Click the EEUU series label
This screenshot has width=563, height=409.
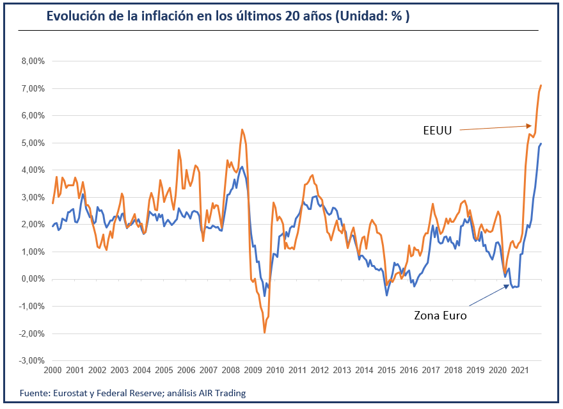tap(438, 131)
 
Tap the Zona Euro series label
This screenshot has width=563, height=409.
tap(440, 315)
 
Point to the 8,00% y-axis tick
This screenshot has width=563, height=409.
tap(29, 61)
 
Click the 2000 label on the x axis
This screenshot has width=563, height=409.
tap(52, 371)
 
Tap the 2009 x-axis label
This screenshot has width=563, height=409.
tap(253, 371)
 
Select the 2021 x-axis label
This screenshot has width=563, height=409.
tap(520, 371)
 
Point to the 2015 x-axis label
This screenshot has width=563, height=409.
tap(386, 371)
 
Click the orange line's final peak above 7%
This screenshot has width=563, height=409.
tap(541, 85)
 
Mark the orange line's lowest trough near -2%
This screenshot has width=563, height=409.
tap(264, 333)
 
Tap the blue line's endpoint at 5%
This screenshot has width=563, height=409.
tap(541, 143)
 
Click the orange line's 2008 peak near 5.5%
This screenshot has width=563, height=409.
tap(242, 129)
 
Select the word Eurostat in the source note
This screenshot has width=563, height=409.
tap(70, 393)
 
